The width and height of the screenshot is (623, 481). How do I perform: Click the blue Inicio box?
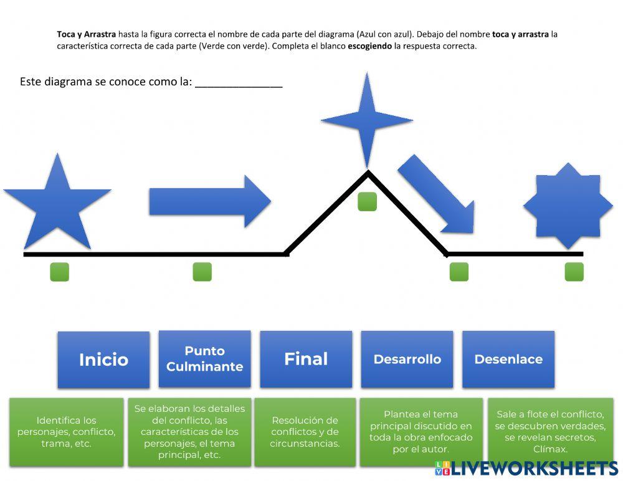click(x=103, y=360)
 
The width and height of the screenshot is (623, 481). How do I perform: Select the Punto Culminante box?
click(x=204, y=358)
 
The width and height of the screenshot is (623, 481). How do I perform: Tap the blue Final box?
click(x=306, y=359)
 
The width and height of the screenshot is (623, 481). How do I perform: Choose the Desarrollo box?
click(x=407, y=359)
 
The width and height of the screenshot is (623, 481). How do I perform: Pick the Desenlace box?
click(x=508, y=359)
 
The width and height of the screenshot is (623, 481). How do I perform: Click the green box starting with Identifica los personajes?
click(x=67, y=432)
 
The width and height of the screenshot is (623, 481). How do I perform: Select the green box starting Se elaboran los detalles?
click(x=189, y=432)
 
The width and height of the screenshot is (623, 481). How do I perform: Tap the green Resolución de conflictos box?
click(x=305, y=432)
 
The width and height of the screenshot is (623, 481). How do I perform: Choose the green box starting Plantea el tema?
click(x=421, y=432)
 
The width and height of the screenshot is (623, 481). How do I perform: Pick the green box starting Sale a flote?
click(x=550, y=432)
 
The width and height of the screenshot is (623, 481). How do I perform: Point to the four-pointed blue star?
click(x=367, y=120)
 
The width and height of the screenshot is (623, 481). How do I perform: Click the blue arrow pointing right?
click(x=210, y=201)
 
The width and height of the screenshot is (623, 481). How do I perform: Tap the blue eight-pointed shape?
click(x=568, y=206)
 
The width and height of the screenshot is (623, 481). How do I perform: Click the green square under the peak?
click(x=367, y=201)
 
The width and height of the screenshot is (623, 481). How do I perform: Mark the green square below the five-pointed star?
click(x=60, y=272)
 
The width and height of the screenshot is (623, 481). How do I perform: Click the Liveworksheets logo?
click(x=527, y=469)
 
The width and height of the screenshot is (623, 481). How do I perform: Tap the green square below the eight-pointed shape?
click(x=574, y=272)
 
